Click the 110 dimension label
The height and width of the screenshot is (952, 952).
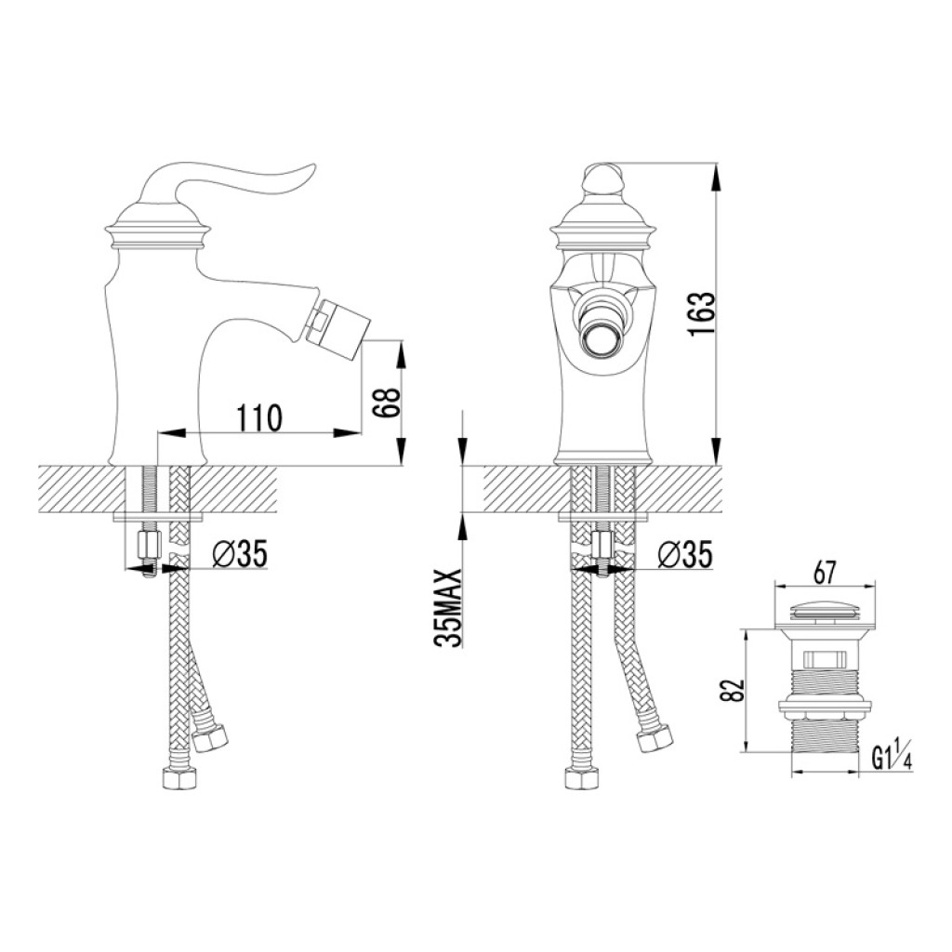pyautogui.click(x=259, y=417)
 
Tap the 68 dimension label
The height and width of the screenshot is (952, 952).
pyautogui.click(x=386, y=402)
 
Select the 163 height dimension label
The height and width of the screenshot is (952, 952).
pyautogui.click(x=702, y=315)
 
